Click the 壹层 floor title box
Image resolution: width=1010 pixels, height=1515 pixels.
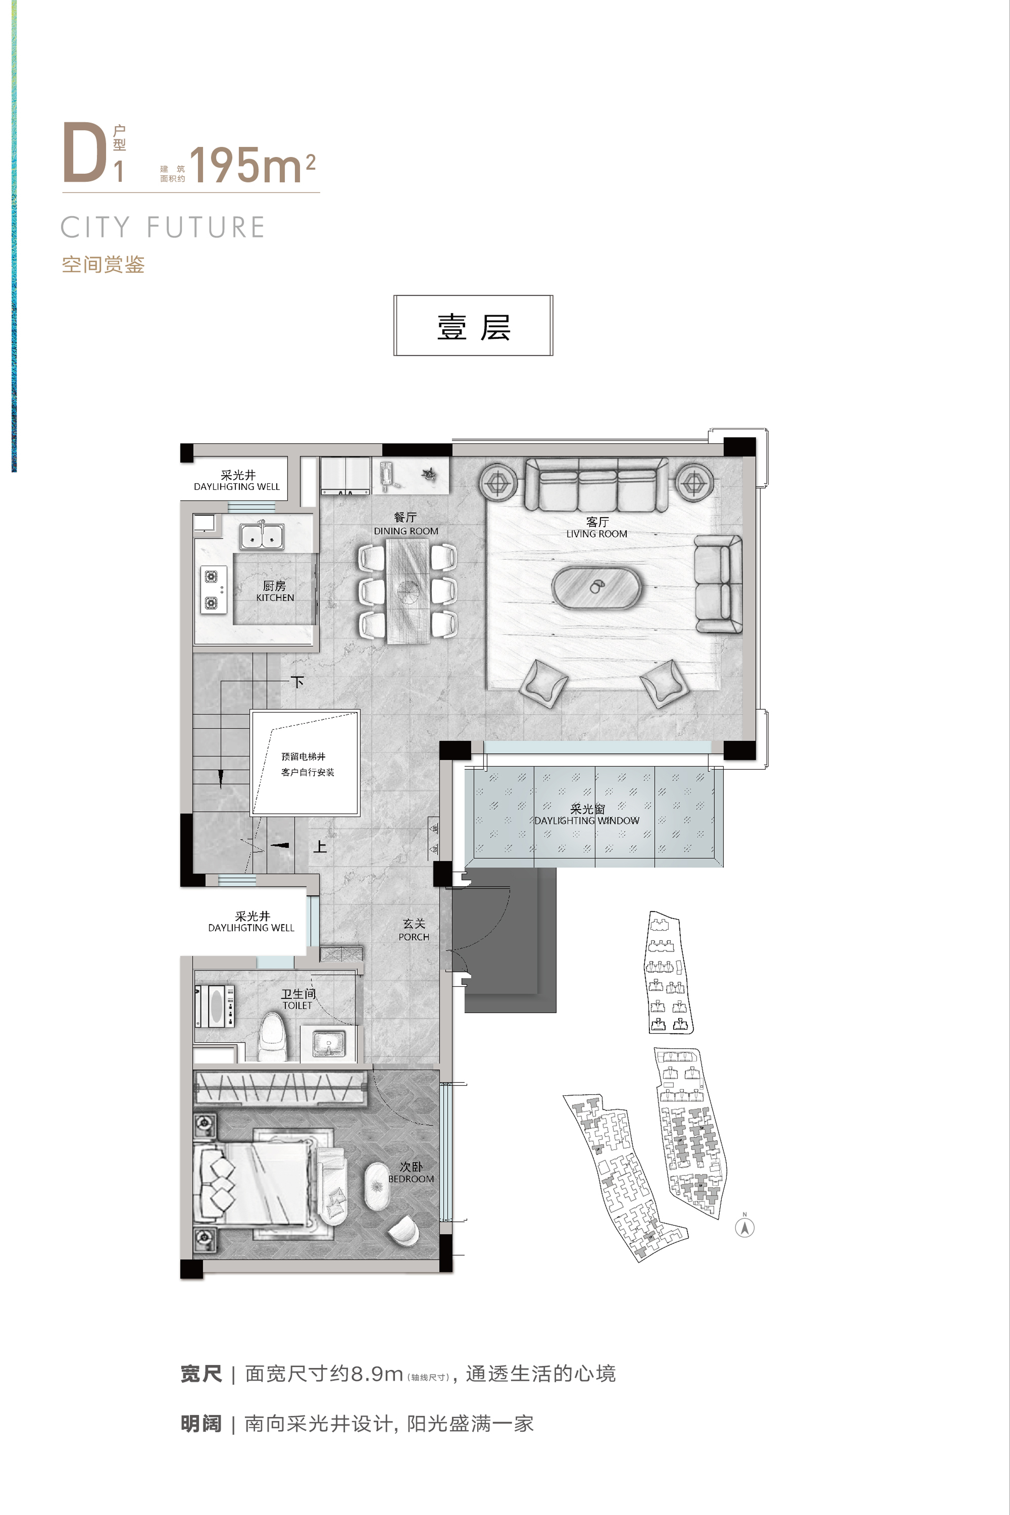click(473, 325)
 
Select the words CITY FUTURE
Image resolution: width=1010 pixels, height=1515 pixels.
click(163, 227)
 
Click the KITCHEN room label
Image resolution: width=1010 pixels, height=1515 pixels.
click(275, 598)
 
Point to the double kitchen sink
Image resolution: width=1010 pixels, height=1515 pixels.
click(262, 535)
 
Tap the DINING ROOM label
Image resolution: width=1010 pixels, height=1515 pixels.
click(406, 531)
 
